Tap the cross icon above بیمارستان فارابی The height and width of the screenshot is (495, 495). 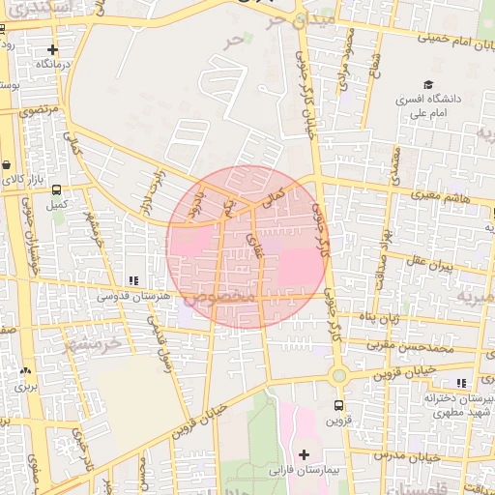tap(305, 453)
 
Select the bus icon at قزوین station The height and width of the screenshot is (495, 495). tap(338, 405)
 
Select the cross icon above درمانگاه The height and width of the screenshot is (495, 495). tap(52, 48)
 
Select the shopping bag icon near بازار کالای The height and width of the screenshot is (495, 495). tap(6, 164)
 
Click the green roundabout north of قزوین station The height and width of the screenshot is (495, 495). tap(338, 375)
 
